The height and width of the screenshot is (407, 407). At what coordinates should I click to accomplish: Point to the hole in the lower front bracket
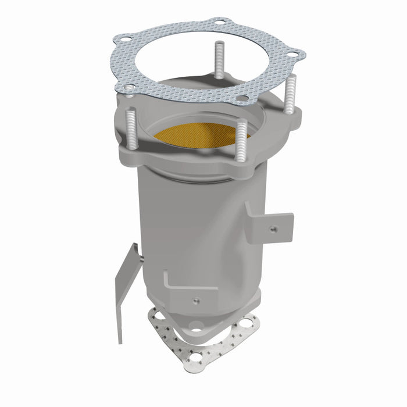(x=194, y=301)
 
